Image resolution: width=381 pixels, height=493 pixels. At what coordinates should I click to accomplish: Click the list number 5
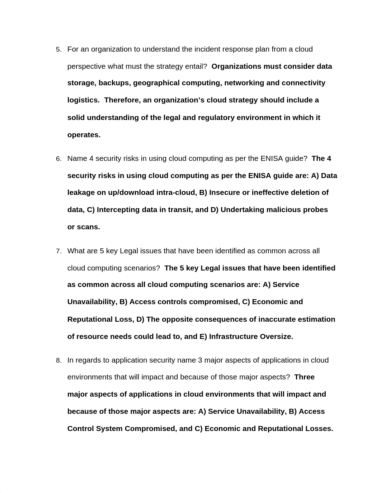tap(58, 49)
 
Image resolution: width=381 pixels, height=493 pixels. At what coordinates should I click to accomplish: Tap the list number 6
tap(58, 159)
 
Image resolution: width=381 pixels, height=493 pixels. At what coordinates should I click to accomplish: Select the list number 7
tap(58, 251)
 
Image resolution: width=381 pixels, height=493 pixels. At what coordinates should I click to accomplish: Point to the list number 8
tap(58, 360)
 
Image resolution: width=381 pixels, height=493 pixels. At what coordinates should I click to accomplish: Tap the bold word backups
tap(114, 83)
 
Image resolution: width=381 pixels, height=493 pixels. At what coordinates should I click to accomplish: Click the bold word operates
tap(84, 135)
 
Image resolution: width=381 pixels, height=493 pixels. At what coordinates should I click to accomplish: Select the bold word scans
tap(88, 227)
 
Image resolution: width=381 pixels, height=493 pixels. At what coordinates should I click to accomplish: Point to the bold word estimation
tap(317, 319)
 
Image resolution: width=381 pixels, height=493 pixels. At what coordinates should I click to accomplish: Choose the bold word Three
tap(304, 377)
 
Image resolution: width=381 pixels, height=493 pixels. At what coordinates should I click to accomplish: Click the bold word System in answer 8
tap(109, 429)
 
